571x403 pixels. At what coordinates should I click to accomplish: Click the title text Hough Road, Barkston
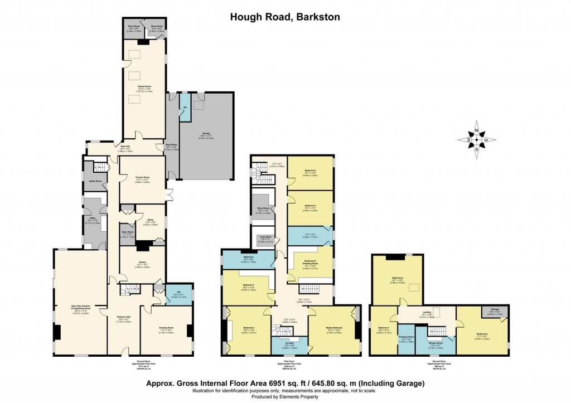tap(285, 17)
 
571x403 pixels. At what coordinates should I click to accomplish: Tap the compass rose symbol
tap(477, 139)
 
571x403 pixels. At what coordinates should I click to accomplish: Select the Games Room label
tap(144, 86)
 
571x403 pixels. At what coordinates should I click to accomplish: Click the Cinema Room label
tap(143, 178)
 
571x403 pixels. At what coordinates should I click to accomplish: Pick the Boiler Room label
tap(94, 181)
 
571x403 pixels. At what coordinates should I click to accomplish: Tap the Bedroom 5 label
tap(311, 170)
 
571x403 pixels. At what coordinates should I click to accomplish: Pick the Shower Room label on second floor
tap(435, 343)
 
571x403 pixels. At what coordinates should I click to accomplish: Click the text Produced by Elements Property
tap(285, 396)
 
